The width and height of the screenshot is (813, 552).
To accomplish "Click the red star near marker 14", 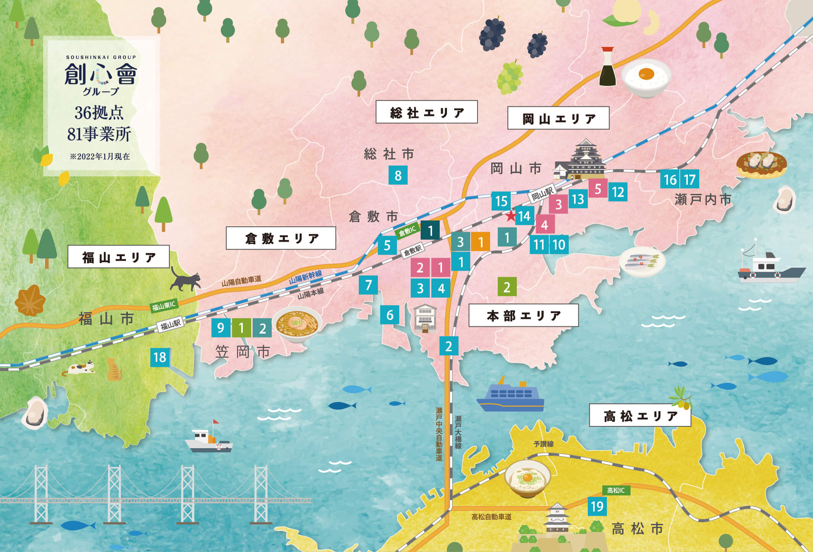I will [511, 216].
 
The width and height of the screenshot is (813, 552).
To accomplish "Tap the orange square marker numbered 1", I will [481, 242].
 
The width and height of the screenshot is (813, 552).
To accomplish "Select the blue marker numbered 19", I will [597, 507].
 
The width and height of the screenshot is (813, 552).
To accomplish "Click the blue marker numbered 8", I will [398, 176].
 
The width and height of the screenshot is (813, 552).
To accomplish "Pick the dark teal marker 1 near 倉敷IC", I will [430, 231].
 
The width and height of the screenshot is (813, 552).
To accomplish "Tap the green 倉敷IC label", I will [407, 231].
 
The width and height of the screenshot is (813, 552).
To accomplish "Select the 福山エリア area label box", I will [118, 257].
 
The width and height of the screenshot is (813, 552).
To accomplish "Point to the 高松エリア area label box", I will [640, 415].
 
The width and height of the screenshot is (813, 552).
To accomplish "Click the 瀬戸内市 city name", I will [703, 199].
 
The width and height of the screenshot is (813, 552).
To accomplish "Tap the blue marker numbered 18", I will [160, 357].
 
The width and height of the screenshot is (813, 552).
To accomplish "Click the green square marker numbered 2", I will [507, 287].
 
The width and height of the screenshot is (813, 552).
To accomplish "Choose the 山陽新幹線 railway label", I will [305, 277].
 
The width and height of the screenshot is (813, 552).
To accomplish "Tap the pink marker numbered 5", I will [598, 189].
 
